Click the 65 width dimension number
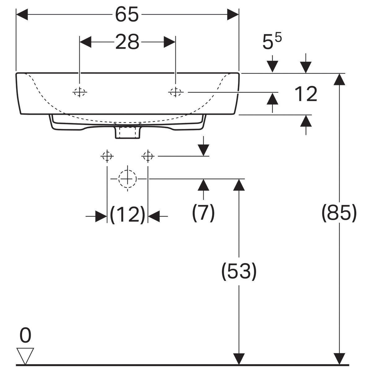127,14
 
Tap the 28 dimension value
127,42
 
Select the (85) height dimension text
339,213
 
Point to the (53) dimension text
239,271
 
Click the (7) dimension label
203,213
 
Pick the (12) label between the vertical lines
127,215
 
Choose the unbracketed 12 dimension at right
306,94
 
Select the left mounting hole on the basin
80,92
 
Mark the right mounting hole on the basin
175,92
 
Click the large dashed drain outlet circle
127,179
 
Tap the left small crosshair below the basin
107,156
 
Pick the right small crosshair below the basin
148,156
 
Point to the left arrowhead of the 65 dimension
22,15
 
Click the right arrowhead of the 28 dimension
170,42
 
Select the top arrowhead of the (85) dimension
339,79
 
